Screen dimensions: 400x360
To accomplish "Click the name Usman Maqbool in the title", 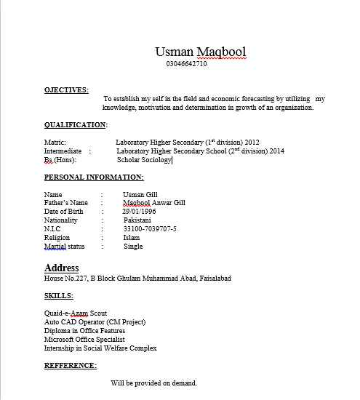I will coord(200,52).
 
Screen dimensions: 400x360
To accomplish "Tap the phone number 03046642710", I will coord(187,64).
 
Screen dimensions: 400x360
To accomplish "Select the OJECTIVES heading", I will coord(66,90).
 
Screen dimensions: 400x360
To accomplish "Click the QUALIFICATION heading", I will coord(75,125).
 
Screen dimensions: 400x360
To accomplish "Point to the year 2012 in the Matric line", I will coord(252,143).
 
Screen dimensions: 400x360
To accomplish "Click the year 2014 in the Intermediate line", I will coord(276,151).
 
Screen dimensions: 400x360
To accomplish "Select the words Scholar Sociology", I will coord(143,160).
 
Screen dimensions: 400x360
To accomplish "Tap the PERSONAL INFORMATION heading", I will coord(93,177).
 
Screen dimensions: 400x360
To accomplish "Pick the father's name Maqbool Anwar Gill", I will coord(153,204).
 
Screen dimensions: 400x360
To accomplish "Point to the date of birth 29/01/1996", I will coord(140,212).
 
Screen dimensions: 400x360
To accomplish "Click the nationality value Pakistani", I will coord(137,220).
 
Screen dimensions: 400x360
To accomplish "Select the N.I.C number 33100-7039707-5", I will coord(150,229).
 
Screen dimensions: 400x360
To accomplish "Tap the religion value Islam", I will coord(132,238).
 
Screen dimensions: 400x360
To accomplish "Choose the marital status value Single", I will coord(133,247).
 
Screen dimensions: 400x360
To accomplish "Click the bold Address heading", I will coord(61,268).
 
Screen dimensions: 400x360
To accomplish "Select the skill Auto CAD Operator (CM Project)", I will coord(95,322).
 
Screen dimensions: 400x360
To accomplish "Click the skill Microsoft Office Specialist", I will coord(84,340).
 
